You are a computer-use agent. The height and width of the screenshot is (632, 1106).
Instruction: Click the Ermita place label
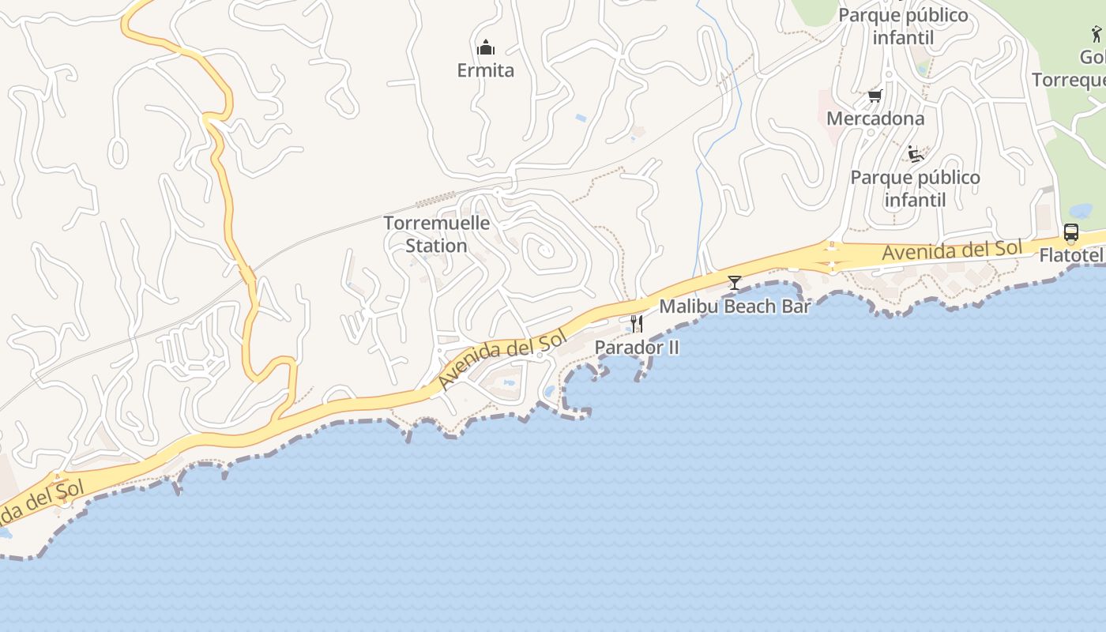click(485, 70)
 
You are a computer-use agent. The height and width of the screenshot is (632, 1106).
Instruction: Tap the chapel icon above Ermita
click(485, 47)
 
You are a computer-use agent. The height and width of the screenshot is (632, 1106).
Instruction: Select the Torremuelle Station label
click(437, 234)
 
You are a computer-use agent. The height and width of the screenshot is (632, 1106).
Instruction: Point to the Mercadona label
click(875, 118)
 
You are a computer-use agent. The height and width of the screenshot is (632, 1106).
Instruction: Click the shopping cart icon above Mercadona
click(875, 96)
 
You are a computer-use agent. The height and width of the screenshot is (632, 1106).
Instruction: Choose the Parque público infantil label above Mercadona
click(903, 26)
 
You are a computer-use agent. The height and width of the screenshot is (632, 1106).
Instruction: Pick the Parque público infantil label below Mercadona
click(915, 188)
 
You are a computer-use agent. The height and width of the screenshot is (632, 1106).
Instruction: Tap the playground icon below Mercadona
click(916, 154)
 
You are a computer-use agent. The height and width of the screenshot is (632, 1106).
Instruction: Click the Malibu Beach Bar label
click(735, 306)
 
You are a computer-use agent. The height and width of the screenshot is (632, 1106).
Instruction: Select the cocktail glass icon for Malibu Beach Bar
click(735, 282)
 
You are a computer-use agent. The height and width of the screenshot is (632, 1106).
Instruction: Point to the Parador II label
click(637, 347)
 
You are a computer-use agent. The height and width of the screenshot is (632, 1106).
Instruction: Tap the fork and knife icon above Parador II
click(637, 323)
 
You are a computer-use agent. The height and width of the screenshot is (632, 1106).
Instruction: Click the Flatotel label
click(1070, 255)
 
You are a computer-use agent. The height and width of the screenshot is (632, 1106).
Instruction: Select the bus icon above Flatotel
click(1071, 232)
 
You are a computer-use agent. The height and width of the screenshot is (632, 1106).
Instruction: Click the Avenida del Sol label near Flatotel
click(952, 250)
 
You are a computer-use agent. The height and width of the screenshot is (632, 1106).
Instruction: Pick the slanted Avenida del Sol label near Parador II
click(503, 360)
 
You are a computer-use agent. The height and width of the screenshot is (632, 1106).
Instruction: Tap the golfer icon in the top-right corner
click(1096, 34)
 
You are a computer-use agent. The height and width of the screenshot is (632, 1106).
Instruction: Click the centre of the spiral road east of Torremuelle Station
click(543, 250)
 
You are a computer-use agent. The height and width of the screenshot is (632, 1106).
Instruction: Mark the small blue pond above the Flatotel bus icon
click(1080, 211)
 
